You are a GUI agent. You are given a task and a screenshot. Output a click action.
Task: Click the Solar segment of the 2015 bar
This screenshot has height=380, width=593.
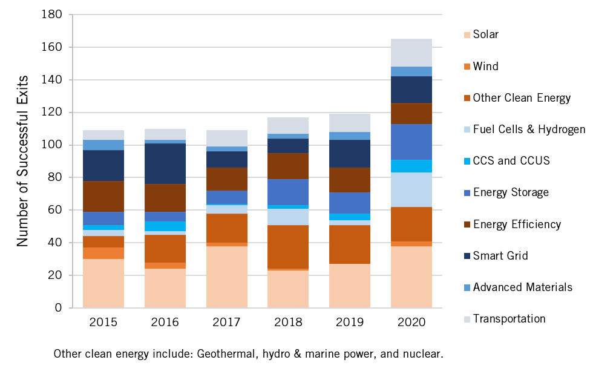tap(103, 283)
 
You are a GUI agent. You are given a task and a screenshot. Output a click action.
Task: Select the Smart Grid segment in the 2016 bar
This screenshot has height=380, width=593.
tap(165, 163)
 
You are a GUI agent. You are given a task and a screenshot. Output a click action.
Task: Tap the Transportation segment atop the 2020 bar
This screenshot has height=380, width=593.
tap(411, 53)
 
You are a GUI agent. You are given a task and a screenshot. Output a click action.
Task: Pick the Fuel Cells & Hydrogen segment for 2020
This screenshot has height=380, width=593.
tap(411, 189)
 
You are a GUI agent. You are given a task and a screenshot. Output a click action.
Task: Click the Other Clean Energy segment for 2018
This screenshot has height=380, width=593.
tap(288, 247)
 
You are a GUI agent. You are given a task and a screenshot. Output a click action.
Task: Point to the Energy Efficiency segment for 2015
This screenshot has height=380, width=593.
tap(103, 196)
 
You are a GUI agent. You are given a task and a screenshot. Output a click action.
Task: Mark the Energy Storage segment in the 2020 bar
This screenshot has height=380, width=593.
tap(411, 142)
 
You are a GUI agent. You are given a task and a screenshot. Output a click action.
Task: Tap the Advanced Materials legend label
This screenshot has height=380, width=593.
tap(522, 287)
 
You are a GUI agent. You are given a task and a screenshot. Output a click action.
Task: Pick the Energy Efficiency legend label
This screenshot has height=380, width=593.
tap(517, 224)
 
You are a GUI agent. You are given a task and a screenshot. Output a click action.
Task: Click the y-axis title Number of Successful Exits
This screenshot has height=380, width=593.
tap(23, 161)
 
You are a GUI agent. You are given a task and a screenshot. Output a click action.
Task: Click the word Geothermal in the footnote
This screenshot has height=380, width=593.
tap(221, 353)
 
